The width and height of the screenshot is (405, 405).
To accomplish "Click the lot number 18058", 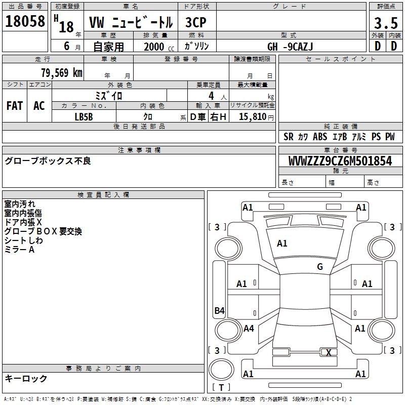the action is (25, 21).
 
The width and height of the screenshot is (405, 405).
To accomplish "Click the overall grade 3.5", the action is (386, 23).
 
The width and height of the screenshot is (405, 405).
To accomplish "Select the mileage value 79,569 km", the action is (62, 72).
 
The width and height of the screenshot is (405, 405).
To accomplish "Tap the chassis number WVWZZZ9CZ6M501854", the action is (340, 160).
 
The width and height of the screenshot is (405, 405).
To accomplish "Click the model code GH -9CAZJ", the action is (290, 47).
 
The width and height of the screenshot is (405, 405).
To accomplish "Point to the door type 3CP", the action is (196, 22).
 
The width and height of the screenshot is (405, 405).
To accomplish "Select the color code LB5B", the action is (84, 117).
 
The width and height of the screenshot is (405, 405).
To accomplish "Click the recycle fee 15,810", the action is (252, 116).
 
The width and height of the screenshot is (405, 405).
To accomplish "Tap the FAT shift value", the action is (15, 106).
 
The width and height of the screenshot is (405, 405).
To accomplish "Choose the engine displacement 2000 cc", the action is (159, 47).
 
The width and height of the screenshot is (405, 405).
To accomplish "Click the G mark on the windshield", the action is (320, 266).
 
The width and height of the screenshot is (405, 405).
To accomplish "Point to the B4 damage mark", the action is (219, 310).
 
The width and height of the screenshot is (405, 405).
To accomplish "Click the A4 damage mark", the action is (249, 328).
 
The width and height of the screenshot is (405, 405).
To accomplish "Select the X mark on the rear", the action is (329, 352).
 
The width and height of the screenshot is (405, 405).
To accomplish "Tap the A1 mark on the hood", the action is (282, 243).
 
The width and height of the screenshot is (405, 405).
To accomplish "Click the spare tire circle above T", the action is (221, 370).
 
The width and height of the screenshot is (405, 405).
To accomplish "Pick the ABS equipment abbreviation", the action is (320, 136).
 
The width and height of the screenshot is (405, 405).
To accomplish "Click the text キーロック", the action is (26, 378).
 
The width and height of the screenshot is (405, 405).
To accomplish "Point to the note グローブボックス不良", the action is (48, 160).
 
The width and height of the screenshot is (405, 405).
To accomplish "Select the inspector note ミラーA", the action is (19, 250).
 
